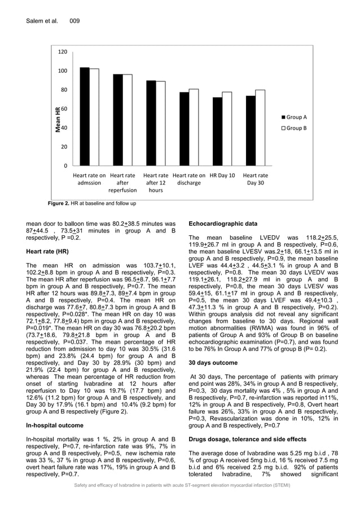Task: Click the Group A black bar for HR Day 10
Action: click(x=217, y=131)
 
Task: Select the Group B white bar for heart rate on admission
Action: click(x=94, y=117)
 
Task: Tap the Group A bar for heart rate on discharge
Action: click(x=184, y=129)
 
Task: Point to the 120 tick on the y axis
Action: click(x=63, y=52)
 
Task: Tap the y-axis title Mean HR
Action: click(x=58, y=119)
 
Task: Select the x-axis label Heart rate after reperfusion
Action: click(x=122, y=183)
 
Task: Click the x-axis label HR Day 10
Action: click(x=222, y=175)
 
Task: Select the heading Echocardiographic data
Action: click(x=223, y=223)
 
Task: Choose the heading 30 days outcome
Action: click(x=213, y=362)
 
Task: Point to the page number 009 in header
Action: click(x=74, y=21)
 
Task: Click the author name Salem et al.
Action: click(x=42, y=21)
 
